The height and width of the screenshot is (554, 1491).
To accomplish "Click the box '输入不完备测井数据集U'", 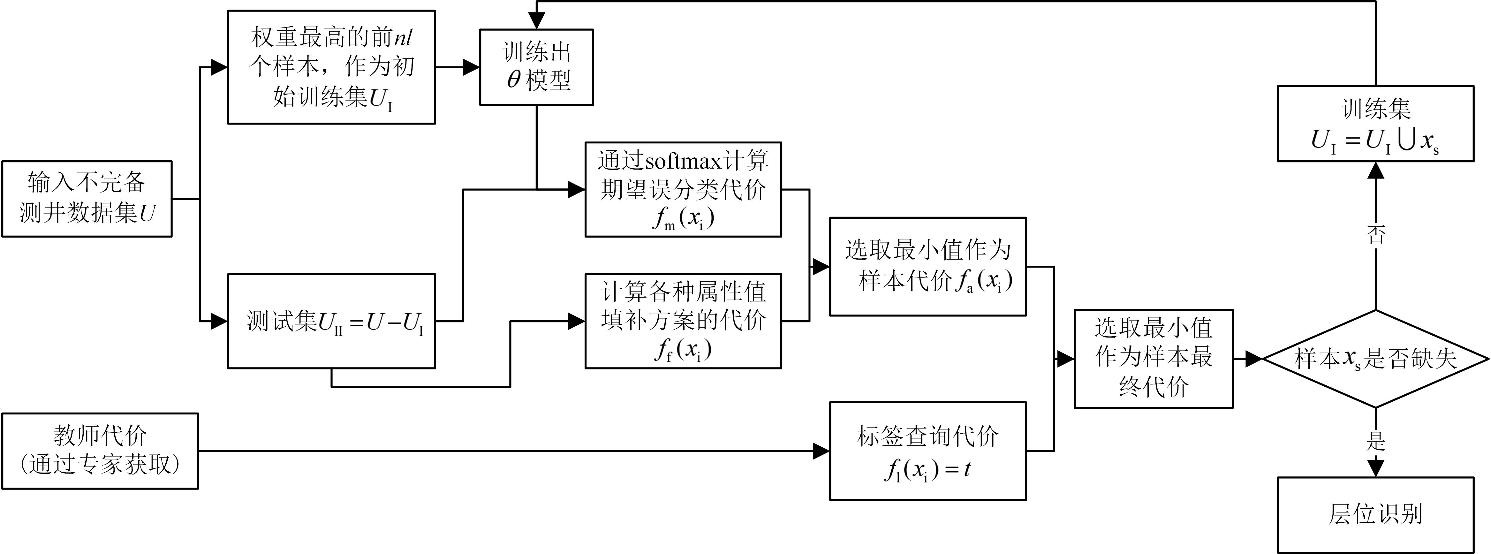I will point(87,199).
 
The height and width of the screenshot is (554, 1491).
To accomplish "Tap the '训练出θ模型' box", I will point(537,67).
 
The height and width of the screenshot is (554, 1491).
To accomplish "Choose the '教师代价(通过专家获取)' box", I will point(100,451).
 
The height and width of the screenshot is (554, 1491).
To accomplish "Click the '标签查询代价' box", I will point(928,451).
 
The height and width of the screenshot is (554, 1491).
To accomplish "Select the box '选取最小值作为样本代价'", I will point(928,266).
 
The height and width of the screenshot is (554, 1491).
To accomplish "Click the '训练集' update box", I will point(1375,123).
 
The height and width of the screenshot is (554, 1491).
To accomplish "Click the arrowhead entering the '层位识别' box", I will point(1375,468).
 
